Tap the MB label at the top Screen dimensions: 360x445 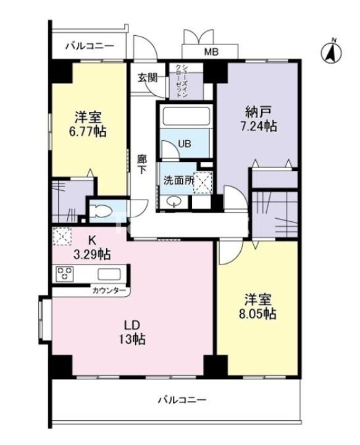pos(211,52)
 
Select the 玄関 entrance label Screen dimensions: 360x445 pos(148,77)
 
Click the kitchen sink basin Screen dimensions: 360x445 pos(109,274)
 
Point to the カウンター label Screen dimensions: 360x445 pos(109,290)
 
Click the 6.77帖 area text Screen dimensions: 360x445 pos(88,132)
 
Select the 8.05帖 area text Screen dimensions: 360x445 pos(257,313)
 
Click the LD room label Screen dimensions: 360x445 pos(132,326)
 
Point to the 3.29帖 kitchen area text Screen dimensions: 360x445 pos(92,254)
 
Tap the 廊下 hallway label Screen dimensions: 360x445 pos(142,164)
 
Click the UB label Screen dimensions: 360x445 pos(185,144)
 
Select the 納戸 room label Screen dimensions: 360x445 pos(258,111)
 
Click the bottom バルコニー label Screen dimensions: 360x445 pos(182,400)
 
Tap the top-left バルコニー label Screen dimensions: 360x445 pos(90,46)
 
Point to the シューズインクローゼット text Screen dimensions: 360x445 pos(182,81)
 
